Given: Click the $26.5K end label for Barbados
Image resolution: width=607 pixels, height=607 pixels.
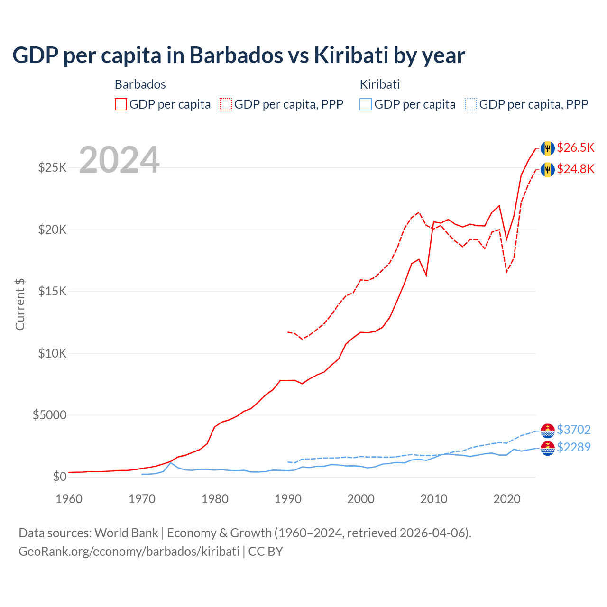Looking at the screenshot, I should point(575,147).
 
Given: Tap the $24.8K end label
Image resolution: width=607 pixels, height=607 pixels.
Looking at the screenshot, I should point(575,169).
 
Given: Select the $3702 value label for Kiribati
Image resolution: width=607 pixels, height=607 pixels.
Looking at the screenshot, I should point(573,430).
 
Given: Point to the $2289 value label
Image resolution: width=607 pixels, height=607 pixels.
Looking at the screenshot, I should point(573,447).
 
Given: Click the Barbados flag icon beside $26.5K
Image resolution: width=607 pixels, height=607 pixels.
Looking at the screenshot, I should point(548,148).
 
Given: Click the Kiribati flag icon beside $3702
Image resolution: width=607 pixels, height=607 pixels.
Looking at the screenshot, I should point(548,431).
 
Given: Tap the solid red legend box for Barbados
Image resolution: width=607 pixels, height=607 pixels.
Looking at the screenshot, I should point(121,104).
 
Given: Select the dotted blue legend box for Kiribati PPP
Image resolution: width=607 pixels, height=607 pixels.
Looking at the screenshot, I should point(471,104).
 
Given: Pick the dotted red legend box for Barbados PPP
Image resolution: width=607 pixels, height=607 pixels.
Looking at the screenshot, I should point(226,104).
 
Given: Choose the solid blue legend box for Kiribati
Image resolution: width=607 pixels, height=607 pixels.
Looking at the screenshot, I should point(366,104).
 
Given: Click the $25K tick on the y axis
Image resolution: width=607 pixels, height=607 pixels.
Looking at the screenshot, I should point(52,167).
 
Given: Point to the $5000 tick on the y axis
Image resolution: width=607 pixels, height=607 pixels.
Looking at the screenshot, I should point(49,415).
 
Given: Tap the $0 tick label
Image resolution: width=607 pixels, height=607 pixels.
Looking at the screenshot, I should point(59,477).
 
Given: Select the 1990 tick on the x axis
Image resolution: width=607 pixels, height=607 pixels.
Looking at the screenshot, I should point(288,499).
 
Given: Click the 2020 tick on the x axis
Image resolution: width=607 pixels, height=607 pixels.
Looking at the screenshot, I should point(507,499).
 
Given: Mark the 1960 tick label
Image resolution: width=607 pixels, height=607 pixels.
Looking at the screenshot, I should point(69,499).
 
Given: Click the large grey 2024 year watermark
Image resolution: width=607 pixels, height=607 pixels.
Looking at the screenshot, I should point(119,160).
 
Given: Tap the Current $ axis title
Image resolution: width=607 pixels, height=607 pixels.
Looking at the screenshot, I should point(20,304).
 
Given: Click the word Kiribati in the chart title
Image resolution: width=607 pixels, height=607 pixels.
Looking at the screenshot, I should point(350,55).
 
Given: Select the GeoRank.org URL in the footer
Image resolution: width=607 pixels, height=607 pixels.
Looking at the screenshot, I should point(129,552).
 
